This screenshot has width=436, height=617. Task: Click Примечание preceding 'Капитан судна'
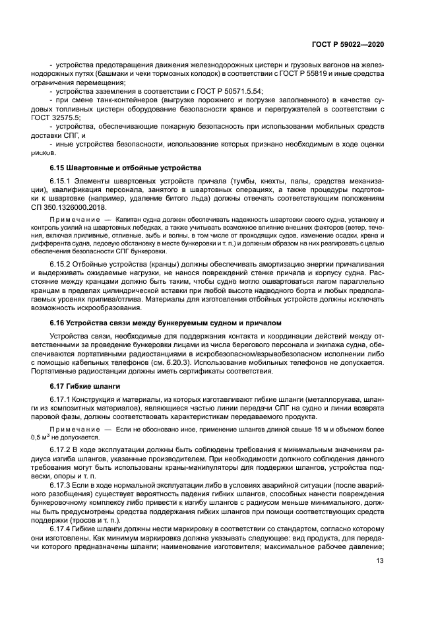point(74,218)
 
